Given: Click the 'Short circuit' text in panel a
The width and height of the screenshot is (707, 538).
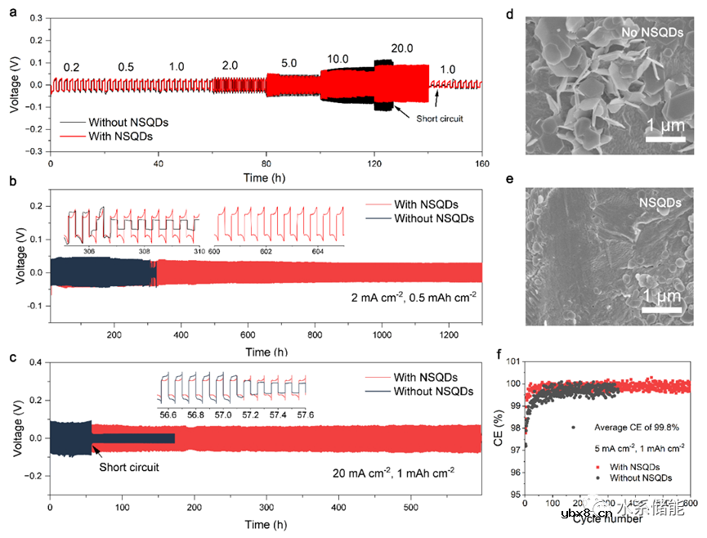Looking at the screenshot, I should (x=441, y=119).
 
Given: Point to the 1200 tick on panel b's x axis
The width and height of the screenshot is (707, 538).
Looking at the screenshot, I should (x=445, y=335).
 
